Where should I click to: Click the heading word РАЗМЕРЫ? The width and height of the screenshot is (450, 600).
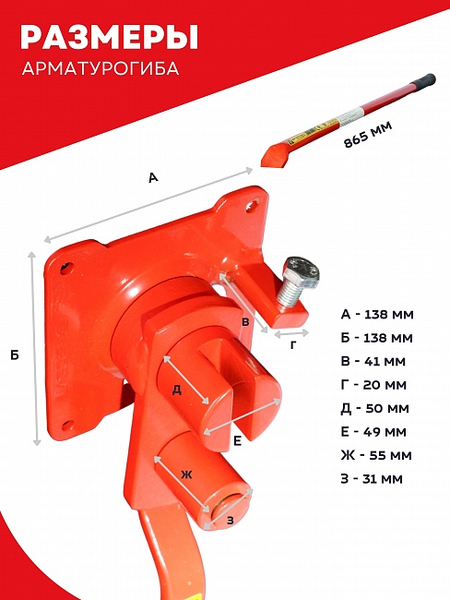(x=110, y=37)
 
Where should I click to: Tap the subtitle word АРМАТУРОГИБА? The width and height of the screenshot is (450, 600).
(x=101, y=68)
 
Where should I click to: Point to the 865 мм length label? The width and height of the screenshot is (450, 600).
(x=368, y=135)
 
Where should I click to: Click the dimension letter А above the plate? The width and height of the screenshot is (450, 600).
(x=153, y=177)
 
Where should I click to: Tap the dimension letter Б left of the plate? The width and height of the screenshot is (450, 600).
(x=15, y=355)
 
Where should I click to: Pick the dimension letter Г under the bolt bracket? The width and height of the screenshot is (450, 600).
(x=293, y=345)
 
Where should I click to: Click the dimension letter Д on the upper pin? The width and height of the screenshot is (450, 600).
(x=177, y=390)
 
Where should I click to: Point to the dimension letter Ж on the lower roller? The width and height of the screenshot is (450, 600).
(x=186, y=475)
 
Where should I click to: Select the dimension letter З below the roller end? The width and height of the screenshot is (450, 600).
(x=231, y=521)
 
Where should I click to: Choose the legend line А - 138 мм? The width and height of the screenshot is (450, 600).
(x=377, y=315)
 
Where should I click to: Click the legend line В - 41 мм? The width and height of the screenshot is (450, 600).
(x=373, y=361)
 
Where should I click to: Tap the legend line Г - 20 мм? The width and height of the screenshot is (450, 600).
(x=373, y=385)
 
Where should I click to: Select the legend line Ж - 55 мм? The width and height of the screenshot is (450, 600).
(x=376, y=455)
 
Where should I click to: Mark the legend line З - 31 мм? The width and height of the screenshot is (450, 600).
(x=372, y=479)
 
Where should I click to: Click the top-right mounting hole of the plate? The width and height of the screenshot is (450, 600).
(x=253, y=205)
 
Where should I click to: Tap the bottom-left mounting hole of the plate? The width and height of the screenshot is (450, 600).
(x=68, y=425)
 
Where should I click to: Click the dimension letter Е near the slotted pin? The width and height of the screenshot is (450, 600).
(x=237, y=441)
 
